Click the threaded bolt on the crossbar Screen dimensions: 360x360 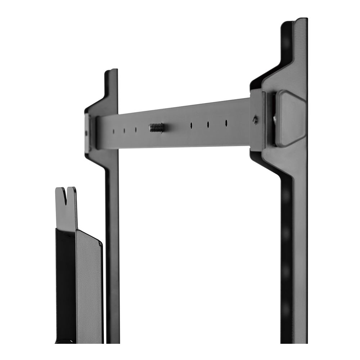pos(156,127)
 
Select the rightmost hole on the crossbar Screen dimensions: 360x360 pos(226,123)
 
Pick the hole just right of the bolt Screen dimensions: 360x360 pos(191,125)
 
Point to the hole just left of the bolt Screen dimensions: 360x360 pos(136,129)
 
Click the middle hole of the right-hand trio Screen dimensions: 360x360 pos(208,124)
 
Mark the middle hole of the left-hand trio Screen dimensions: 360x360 pos(125,130)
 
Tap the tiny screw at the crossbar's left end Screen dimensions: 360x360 pos(86,133)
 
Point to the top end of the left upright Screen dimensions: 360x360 pos(112,72)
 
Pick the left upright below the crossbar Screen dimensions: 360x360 pos(112,252)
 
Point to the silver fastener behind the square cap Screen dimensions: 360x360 pos(275,119)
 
